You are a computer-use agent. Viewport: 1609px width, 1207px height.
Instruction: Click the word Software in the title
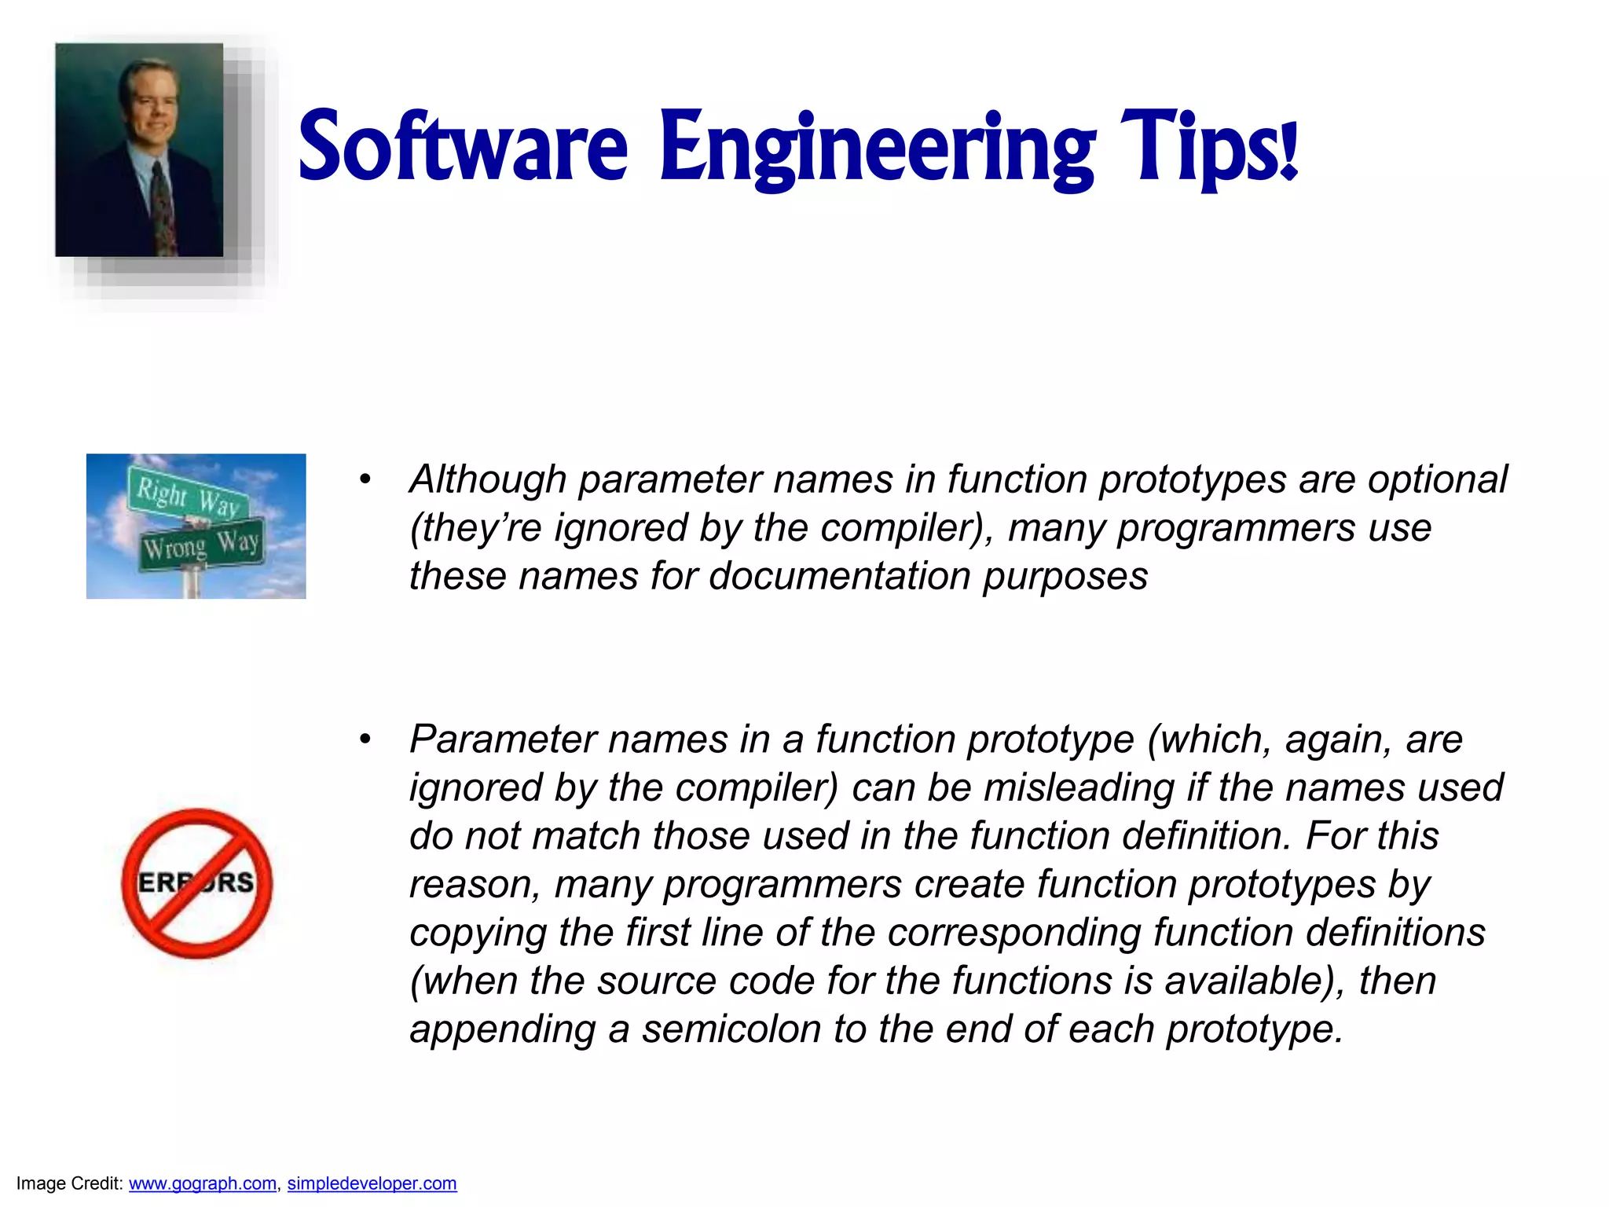463,147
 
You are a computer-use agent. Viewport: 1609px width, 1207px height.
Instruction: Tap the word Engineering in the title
877,149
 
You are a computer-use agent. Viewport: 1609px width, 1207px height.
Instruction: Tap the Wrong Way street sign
201,545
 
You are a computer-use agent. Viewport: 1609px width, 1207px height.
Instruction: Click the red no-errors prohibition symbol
197,883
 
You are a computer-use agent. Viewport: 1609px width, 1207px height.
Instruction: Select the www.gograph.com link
203,1183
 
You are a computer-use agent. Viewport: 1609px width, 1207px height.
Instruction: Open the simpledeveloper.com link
372,1183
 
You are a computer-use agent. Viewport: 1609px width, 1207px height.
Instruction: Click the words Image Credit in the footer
69,1183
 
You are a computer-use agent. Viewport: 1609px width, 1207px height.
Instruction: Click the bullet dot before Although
365,480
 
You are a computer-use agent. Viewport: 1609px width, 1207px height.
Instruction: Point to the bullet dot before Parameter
365,739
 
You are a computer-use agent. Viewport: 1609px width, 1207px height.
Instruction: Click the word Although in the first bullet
488,479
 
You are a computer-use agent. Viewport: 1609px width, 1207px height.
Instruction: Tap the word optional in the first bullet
1437,479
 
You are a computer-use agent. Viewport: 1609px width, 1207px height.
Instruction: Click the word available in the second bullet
1244,981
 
